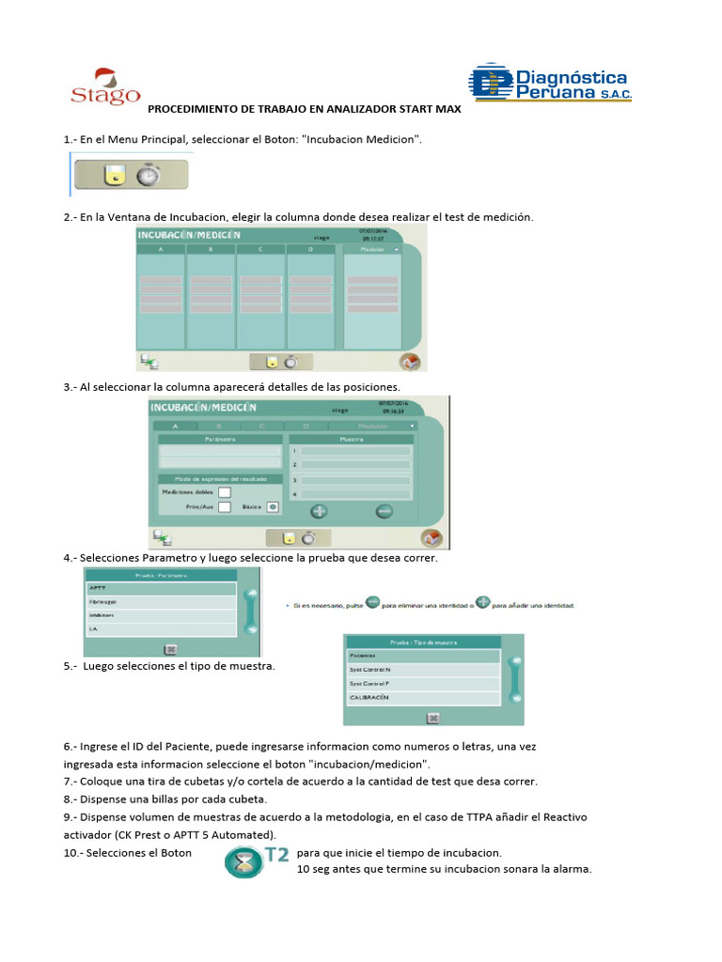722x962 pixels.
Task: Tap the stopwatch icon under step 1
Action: coord(148,176)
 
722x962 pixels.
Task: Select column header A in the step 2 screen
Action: coord(161,250)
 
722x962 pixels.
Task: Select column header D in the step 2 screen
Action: coord(309,250)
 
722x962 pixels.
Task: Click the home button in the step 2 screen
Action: coord(410,362)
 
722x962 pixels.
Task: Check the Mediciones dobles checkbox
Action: coord(225,491)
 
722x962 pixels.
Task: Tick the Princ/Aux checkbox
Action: coord(225,507)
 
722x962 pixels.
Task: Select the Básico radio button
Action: coord(271,507)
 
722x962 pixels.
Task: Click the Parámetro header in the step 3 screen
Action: coord(219,439)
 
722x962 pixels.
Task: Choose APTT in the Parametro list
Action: coord(160,588)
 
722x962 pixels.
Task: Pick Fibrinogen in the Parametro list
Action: coord(160,602)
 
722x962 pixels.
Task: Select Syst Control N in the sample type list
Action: coord(422,669)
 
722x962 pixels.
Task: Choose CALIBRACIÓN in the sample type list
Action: coord(422,698)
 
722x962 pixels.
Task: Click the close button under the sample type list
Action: coord(433,717)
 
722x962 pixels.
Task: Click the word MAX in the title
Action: coord(447,109)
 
